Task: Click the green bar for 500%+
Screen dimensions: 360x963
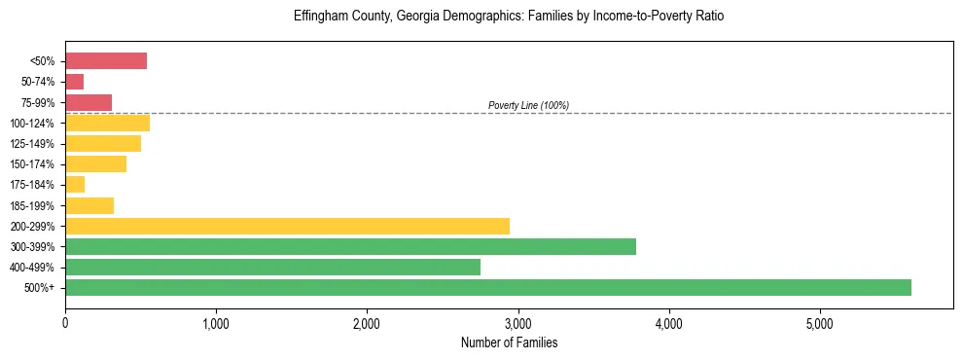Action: tap(488, 287)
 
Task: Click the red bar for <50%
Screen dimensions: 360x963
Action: tap(106, 61)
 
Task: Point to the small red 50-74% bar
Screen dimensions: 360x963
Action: tap(75, 82)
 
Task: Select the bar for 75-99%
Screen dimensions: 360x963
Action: tap(89, 102)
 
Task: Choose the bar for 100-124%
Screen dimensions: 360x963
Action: tap(107, 123)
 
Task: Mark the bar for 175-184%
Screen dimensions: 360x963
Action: tap(75, 185)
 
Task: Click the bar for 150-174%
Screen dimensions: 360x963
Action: tap(95, 164)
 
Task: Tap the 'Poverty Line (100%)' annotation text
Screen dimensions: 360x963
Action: tap(528, 105)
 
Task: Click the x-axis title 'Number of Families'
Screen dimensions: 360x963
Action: tap(509, 342)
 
